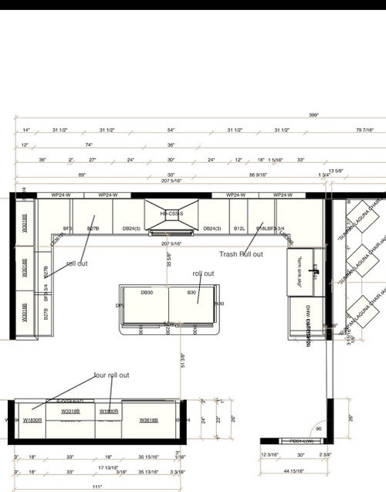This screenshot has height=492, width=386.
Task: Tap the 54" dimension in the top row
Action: pyautogui.click(x=171, y=130)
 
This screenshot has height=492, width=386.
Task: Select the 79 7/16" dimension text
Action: pyautogui.click(x=364, y=130)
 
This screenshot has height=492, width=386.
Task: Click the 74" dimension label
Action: pyautogui.click(x=89, y=144)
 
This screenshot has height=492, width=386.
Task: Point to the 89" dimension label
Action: pyautogui.click(x=82, y=175)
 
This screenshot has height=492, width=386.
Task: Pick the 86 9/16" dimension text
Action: pyautogui.click(x=258, y=175)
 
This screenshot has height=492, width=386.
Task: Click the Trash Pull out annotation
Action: pyautogui.click(x=241, y=254)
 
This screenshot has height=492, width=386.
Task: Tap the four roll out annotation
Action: pyautogui.click(x=111, y=375)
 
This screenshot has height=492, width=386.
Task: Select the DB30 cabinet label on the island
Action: pyautogui.click(x=146, y=292)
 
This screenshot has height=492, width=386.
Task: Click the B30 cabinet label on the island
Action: pyautogui.click(x=193, y=292)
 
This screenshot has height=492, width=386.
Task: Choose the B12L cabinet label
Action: pyautogui.click(x=239, y=229)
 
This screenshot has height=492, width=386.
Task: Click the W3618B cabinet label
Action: pyautogui.click(x=150, y=420)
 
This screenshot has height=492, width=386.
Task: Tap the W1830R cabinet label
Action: pyautogui.click(x=32, y=420)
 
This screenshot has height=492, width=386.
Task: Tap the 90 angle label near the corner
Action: pyautogui.click(x=317, y=429)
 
